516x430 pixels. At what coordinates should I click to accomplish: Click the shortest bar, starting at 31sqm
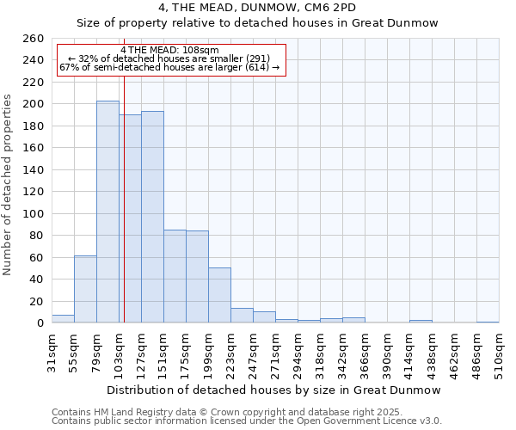tap(63, 319)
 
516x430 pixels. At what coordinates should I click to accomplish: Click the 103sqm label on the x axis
tap(120, 350)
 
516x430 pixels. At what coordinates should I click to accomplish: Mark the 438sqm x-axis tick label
tap(433, 350)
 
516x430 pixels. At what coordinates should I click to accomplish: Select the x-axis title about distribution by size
tap(273, 390)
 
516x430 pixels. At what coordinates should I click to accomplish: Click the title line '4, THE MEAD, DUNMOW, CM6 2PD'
tap(257, 8)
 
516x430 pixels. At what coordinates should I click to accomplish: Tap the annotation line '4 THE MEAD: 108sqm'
tap(169, 50)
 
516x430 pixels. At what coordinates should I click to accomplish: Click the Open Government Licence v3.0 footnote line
tap(246, 421)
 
